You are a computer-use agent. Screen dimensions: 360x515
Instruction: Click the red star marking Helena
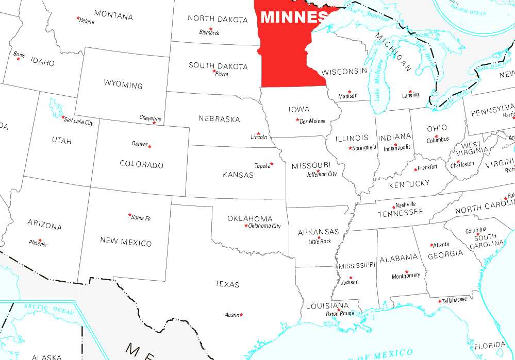tap(78, 19)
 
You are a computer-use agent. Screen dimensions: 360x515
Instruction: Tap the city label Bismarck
tap(209, 32)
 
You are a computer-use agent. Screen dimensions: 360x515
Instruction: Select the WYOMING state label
tap(123, 84)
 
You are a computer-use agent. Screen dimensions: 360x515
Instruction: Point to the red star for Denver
tap(149, 146)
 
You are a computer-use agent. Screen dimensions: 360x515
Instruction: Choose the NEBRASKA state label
tap(219, 119)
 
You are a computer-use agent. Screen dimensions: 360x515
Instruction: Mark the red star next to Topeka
tap(272, 164)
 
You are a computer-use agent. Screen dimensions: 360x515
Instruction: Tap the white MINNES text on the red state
tap(294, 18)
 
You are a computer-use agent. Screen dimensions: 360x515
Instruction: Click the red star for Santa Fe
tap(130, 215)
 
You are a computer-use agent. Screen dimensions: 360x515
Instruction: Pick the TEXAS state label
tap(227, 284)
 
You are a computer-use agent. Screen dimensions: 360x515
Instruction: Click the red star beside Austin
tap(241, 315)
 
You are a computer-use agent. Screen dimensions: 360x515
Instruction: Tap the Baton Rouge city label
tap(340, 314)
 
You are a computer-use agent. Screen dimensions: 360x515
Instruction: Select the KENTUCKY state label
tap(409, 184)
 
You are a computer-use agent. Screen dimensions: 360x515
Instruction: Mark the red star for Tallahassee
tap(440, 301)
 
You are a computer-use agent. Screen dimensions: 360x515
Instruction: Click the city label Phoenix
tap(38, 244)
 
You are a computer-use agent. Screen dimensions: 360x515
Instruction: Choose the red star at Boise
tap(19, 59)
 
